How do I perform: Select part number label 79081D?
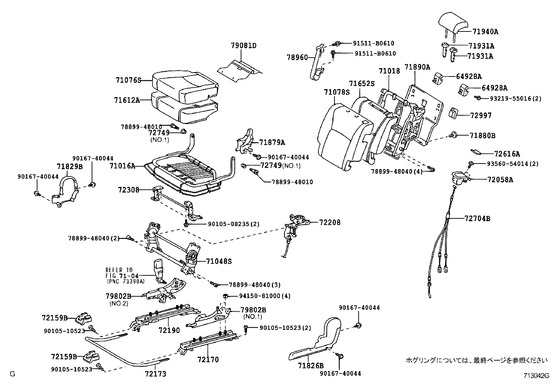tap(244, 45)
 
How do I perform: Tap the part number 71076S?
tap(128, 80)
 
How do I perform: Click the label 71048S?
tap(219, 261)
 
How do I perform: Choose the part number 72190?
tap(169, 330)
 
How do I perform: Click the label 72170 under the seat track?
tap(208, 359)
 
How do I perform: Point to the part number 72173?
tap(155, 374)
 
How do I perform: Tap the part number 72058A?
tap(500, 180)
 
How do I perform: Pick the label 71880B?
tap(482, 136)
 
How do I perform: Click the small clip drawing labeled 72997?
tap(454, 113)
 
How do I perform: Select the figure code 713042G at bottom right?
tap(536, 376)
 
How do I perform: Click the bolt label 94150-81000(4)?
tap(265, 296)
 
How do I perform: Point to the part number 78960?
tap(297, 57)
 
